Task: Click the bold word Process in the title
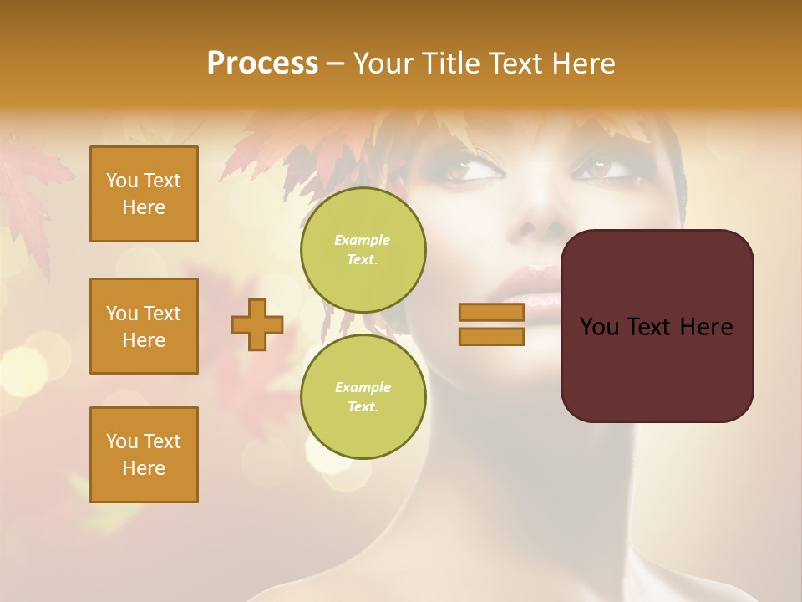coord(262,64)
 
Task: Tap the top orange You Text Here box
coord(144,194)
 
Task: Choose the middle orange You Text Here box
coord(144,326)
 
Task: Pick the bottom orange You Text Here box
coord(144,455)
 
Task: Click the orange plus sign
coord(257,324)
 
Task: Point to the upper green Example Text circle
coord(363,250)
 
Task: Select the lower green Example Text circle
coord(363,397)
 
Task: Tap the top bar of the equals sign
coord(491,312)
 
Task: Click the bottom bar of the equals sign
coord(491,336)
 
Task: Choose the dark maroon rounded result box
coord(657,326)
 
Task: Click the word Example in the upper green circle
coord(362,240)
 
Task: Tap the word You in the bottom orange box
coord(122,441)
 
